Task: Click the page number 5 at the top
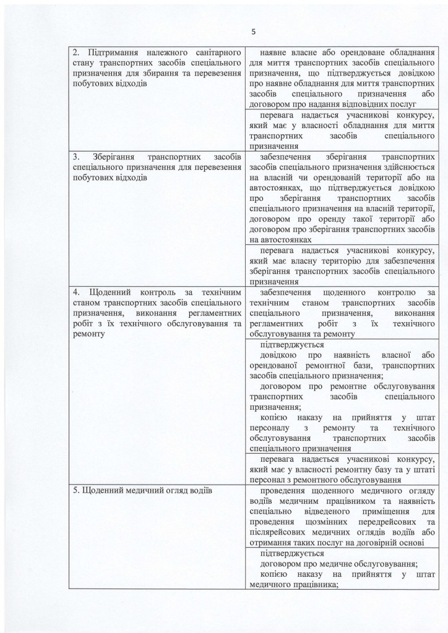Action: tap(253, 32)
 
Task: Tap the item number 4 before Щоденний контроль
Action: tap(75, 292)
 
